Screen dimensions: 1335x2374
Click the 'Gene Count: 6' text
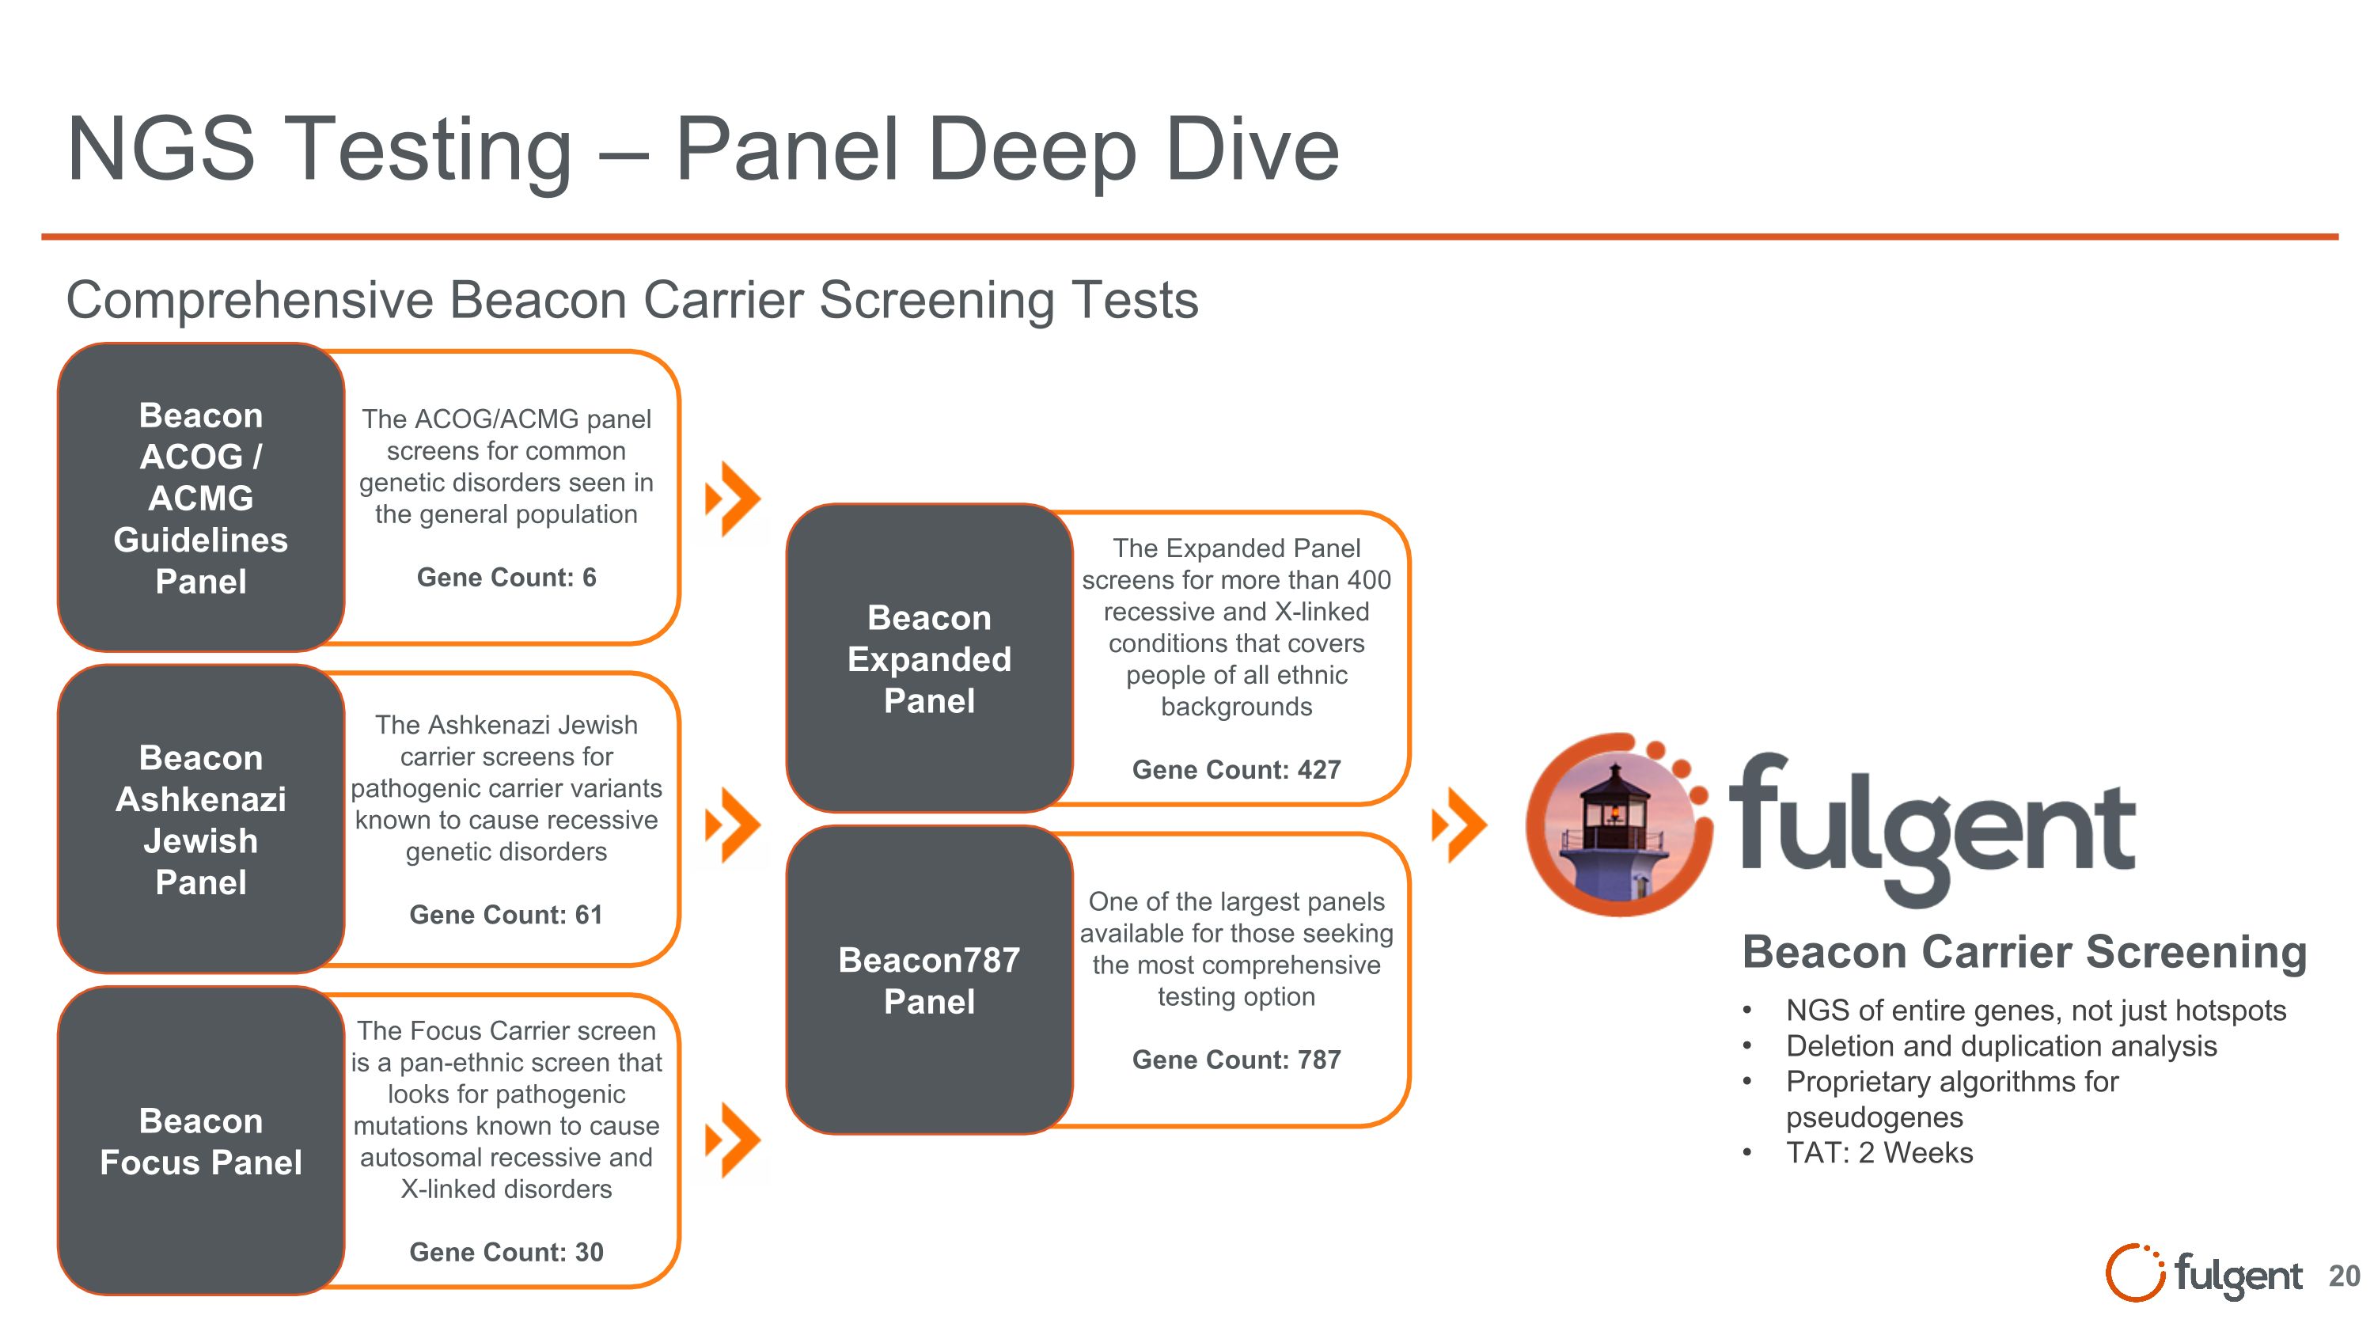tap(506, 578)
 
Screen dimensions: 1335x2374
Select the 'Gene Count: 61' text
tap(506, 915)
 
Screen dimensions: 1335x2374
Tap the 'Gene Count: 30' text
tap(506, 1252)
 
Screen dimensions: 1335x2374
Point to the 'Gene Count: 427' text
tap(1236, 769)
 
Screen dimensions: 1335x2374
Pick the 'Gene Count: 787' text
tap(1236, 1060)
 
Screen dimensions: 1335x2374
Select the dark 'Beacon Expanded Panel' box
tap(929, 658)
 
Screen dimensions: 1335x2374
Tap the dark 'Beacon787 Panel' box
tap(929, 980)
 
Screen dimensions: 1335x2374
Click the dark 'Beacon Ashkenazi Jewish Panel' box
tap(201, 819)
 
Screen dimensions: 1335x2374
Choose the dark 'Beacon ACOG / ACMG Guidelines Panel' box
tap(201, 498)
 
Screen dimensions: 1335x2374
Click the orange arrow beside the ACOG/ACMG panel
tap(733, 499)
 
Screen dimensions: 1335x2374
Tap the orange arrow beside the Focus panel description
tap(733, 1140)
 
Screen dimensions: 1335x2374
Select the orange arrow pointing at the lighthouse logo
tap(1459, 825)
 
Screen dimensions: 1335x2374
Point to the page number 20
tap(2344, 1276)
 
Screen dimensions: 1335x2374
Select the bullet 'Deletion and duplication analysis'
tap(2000, 1045)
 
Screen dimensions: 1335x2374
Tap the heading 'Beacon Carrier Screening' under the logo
tap(2023, 952)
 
